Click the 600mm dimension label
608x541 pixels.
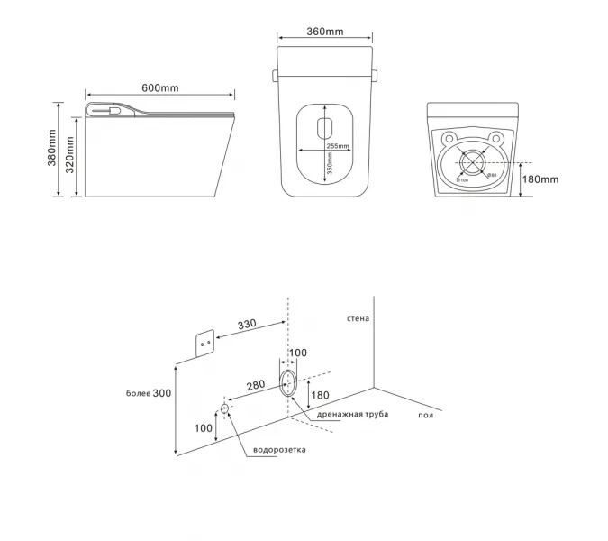[159, 87]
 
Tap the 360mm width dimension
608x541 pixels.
[324, 32]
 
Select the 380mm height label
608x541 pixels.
[52, 150]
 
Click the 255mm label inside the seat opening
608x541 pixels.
[338, 145]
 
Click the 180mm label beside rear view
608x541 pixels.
[540, 179]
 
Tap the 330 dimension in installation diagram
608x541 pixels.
[249, 325]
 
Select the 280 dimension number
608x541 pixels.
[256, 385]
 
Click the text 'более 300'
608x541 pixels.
[149, 393]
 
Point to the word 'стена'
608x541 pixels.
[358, 318]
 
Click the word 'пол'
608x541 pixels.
[425, 415]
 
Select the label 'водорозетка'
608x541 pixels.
[278, 449]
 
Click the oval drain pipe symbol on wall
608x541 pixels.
[288, 381]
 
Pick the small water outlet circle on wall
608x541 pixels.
[224, 408]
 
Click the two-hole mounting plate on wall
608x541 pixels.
[205, 343]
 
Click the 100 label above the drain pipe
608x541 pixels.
[298, 353]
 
